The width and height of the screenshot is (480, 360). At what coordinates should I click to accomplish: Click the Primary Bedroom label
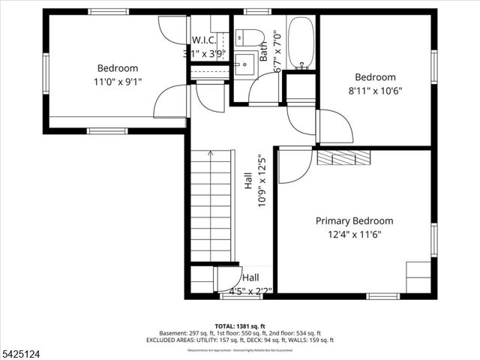click(x=354, y=220)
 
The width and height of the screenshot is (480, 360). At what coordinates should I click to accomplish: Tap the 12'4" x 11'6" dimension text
click(x=354, y=234)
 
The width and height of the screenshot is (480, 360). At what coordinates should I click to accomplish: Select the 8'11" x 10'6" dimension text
click(x=375, y=90)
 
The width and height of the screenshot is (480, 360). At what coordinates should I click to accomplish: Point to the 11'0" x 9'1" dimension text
click(x=117, y=81)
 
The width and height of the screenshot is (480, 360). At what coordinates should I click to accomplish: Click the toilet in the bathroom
click(x=249, y=37)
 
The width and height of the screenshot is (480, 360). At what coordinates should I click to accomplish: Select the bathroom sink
click(x=245, y=63)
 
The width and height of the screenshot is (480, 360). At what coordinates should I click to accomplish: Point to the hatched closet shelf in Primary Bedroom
click(x=343, y=157)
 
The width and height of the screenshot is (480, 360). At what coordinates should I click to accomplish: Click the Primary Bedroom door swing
click(x=295, y=165)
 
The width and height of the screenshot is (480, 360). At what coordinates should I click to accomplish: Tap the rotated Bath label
click(x=264, y=51)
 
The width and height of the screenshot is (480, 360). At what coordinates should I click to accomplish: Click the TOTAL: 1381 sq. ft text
click(x=240, y=325)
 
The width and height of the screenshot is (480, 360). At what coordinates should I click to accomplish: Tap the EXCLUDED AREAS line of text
click(x=240, y=340)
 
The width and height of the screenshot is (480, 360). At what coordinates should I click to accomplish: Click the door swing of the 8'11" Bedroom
click(x=335, y=126)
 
